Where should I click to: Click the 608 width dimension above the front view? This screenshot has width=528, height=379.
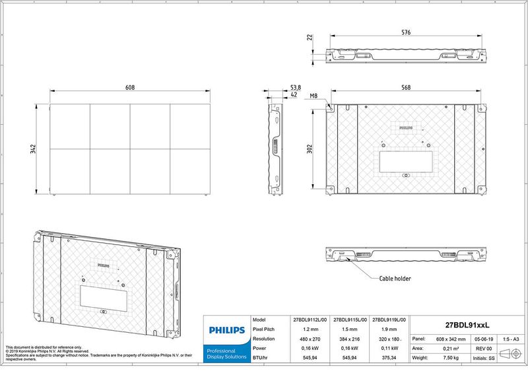131,88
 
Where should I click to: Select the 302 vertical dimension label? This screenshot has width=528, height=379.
310,149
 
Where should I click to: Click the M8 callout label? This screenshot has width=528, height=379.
313,96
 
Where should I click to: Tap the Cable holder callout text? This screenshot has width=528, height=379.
395,279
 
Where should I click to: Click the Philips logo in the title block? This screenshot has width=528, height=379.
226,329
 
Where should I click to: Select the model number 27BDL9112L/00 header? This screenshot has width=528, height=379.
310,319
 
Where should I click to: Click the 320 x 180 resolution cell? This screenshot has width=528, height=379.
389,338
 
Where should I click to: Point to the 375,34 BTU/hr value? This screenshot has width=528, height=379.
389,357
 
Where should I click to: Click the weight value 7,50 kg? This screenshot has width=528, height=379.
451,357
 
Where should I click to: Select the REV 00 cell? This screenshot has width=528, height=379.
484,348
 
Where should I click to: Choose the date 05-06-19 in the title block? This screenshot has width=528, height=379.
484,339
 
